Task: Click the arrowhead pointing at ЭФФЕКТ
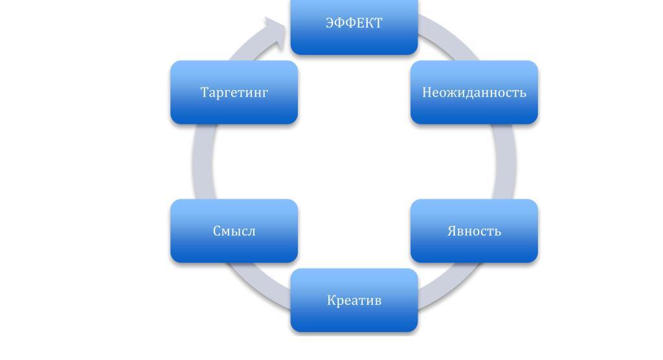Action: tap(275, 32)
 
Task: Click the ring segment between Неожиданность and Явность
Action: tap(506, 162)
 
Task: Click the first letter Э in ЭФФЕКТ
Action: tap(330, 23)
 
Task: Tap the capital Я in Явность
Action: tap(452, 231)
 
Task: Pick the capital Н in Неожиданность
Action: tap(427, 93)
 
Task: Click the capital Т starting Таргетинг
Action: tap(205, 93)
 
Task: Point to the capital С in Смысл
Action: tap(217, 231)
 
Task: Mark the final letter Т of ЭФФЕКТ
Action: tap(378, 23)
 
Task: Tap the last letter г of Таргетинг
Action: tap(264, 93)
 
